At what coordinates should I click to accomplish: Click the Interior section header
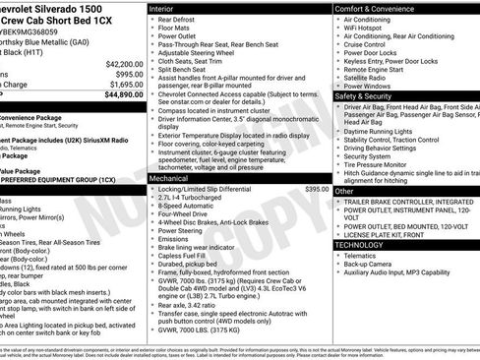[164, 8]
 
